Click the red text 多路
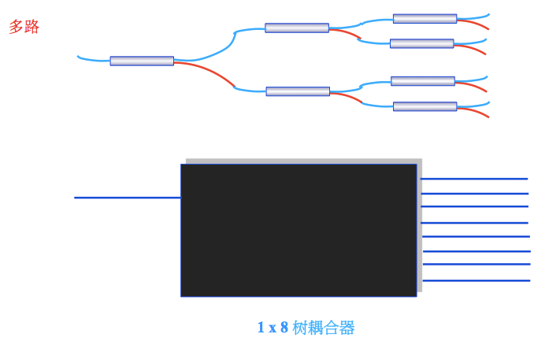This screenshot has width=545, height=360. [24, 27]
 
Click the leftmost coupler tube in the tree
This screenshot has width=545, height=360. [142, 61]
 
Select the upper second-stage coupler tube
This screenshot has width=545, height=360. [297, 28]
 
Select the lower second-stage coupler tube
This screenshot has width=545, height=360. [298, 91]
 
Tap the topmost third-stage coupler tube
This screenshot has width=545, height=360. [425, 18]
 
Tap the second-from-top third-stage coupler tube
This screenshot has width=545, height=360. [421, 43]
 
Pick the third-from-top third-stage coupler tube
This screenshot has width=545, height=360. [423, 80]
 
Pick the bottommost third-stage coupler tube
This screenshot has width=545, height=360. [425, 106]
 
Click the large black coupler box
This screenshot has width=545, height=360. [298, 230]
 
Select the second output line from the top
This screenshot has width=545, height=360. [474, 193]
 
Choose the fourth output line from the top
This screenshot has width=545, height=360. [475, 223]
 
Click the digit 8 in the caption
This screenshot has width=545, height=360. [284, 328]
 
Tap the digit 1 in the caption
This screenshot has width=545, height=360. [261, 328]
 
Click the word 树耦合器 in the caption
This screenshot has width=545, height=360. [324, 328]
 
